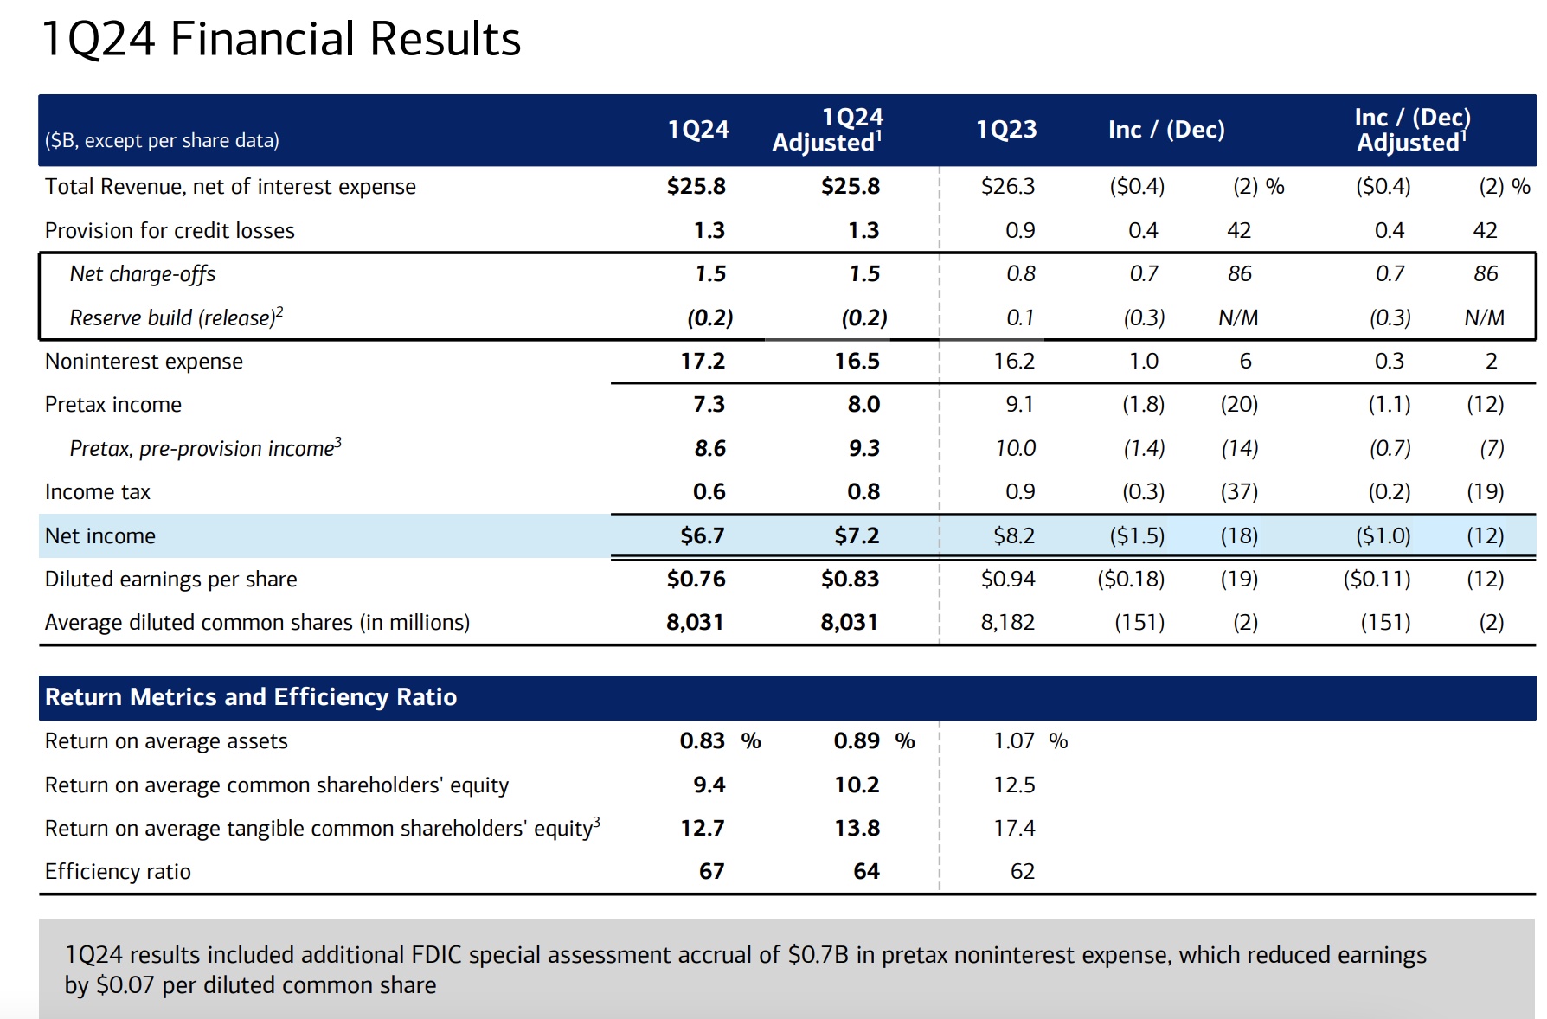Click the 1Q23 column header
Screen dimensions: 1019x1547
tap(1006, 130)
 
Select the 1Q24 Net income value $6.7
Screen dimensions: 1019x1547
tap(702, 535)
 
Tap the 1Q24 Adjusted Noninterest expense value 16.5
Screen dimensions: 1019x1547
tap(857, 361)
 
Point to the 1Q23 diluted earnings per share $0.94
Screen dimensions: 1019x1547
tap(1008, 579)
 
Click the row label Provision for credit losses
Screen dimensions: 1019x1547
tap(170, 230)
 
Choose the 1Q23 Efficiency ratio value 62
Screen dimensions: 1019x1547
tap(1022, 871)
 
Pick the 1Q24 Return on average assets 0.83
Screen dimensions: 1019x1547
tap(702, 740)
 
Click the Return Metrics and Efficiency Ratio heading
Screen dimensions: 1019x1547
tap(251, 697)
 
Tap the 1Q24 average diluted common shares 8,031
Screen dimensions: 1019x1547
tap(695, 622)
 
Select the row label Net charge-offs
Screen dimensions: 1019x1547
tap(143, 274)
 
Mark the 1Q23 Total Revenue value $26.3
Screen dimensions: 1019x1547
tap(1008, 186)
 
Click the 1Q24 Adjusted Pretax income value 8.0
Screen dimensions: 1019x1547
tap(863, 404)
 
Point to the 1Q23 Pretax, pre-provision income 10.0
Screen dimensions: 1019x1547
tap(1015, 448)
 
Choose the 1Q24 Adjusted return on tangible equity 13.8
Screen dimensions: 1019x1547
tap(857, 828)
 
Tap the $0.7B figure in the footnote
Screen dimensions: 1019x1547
tap(818, 954)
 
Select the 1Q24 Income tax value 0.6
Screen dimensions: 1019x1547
tap(709, 491)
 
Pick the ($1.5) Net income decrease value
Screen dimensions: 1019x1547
tap(1137, 535)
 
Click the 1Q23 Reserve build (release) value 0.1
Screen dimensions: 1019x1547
tap(1020, 317)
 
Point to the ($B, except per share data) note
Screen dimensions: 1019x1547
tap(162, 140)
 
